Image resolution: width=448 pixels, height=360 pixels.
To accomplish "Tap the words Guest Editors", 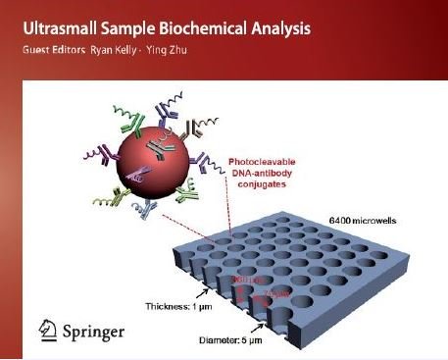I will coord(48,49).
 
